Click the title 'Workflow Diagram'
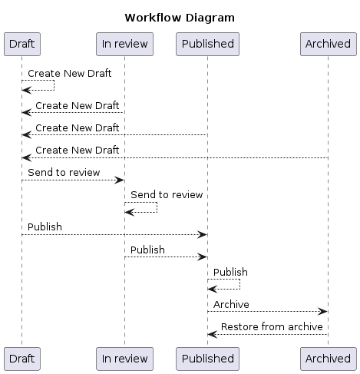[x=180, y=18]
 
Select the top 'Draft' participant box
[x=21, y=44]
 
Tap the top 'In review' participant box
[x=124, y=44]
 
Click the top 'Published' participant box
[x=207, y=44]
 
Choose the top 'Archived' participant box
[x=328, y=44]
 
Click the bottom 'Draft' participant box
[x=21, y=358]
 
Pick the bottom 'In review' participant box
[x=124, y=358]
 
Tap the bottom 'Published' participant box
[x=207, y=358]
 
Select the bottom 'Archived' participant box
[x=328, y=358]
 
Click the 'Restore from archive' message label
[x=271, y=326]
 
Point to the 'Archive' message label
[x=231, y=304]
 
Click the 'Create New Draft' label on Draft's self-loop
[x=69, y=74]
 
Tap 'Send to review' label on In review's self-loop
[x=167, y=195]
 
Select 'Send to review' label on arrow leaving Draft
[x=64, y=172]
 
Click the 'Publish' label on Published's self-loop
[x=230, y=272]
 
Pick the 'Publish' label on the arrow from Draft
[x=45, y=227]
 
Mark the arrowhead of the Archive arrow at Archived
[x=324, y=311]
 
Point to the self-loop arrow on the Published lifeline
[x=228, y=284]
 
